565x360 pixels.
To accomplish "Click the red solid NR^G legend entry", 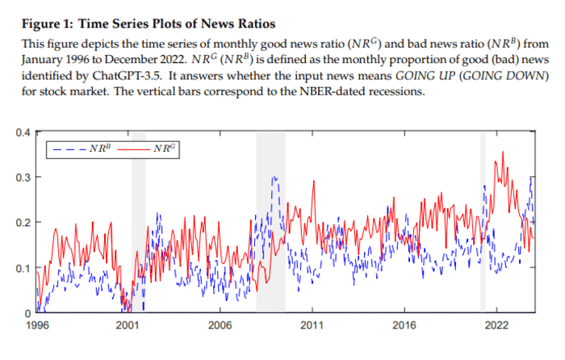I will (153, 149).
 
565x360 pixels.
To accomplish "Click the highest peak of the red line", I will (504, 152).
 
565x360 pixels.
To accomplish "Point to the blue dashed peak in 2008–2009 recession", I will (274, 177).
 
